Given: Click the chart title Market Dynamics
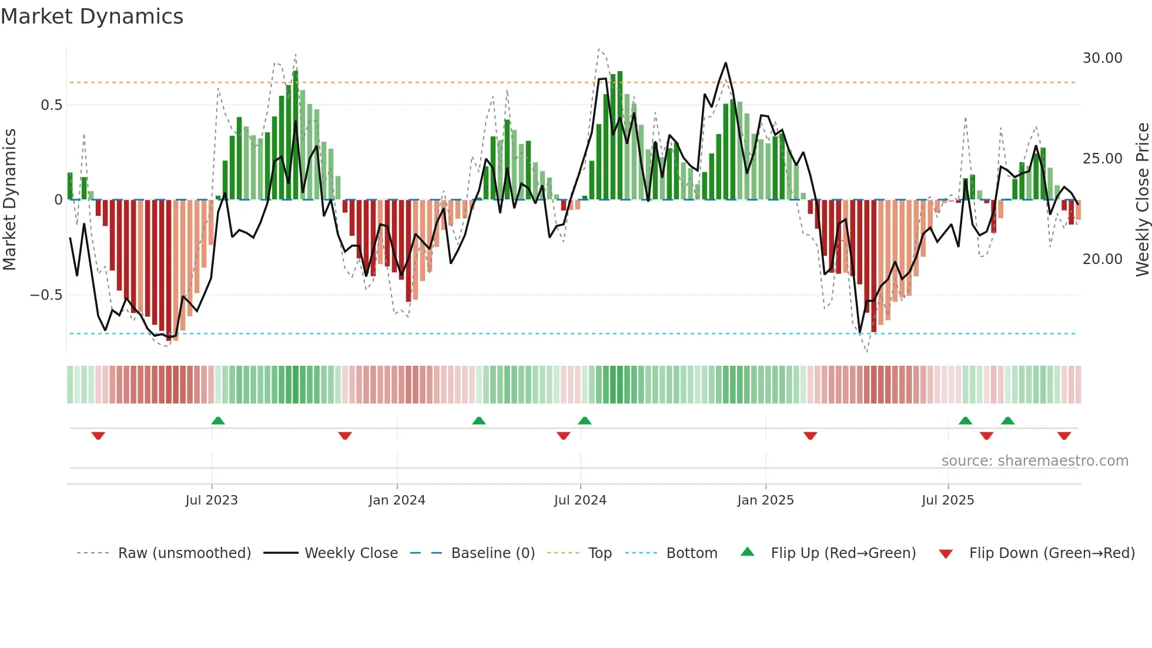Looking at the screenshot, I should pyautogui.click(x=92, y=16).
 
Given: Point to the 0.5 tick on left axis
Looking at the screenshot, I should pyautogui.click(x=51, y=105).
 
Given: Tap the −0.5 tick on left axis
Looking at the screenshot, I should pyautogui.click(x=46, y=295).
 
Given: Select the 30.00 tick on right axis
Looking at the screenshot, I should pyautogui.click(x=1102, y=58).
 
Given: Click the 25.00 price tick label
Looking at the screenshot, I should pyautogui.click(x=1102, y=159).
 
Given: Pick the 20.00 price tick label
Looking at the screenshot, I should pyautogui.click(x=1102, y=259).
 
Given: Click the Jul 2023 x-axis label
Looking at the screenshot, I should pyautogui.click(x=212, y=500).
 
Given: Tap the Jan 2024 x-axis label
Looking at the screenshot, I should pyautogui.click(x=397, y=500).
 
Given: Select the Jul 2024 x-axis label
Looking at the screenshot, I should pyautogui.click(x=580, y=500).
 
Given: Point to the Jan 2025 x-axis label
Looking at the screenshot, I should pyautogui.click(x=765, y=500).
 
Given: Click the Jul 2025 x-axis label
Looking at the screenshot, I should pyautogui.click(x=947, y=500).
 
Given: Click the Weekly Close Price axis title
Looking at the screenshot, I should pyautogui.click(x=1142, y=199).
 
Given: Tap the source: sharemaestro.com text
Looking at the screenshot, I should pyautogui.click(x=1034, y=461).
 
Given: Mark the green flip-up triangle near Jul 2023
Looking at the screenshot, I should pyautogui.click(x=218, y=420).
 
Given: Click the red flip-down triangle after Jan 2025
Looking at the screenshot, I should pyautogui.click(x=810, y=436).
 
